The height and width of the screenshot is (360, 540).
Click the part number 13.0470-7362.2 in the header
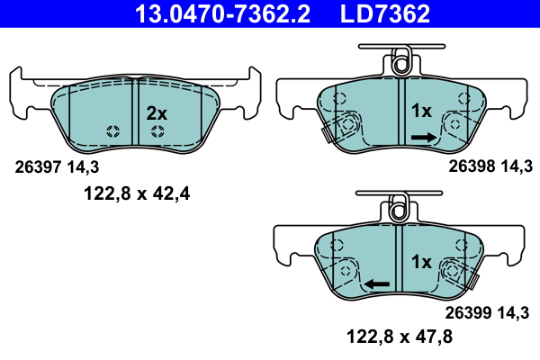point(209,13)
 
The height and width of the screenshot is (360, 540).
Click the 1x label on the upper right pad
point(422,112)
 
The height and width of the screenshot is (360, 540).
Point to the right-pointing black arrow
point(423,137)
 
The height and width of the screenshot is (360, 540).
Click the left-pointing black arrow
point(376,284)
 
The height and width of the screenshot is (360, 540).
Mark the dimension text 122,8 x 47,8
point(400,339)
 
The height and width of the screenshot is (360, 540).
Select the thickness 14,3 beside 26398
point(517,166)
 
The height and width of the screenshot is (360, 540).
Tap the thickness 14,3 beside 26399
point(516,314)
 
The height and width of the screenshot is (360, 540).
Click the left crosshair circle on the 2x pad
point(112,132)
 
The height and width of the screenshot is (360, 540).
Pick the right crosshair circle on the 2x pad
point(157,132)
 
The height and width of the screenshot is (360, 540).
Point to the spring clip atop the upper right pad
point(399,63)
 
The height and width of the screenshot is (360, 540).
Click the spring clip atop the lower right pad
point(399,208)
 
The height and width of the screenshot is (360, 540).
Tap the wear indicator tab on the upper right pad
point(327,132)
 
